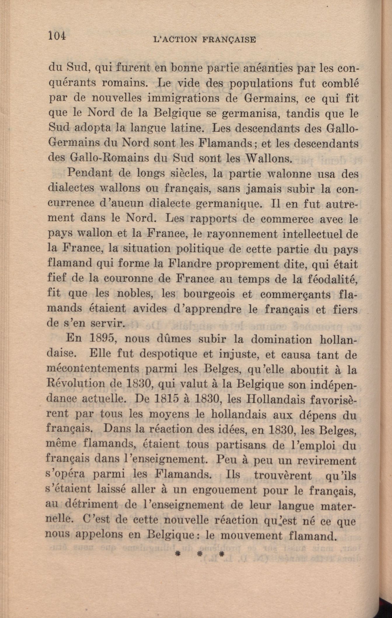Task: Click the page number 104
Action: [x=58, y=36]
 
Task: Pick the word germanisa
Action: [x=251, y=113]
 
